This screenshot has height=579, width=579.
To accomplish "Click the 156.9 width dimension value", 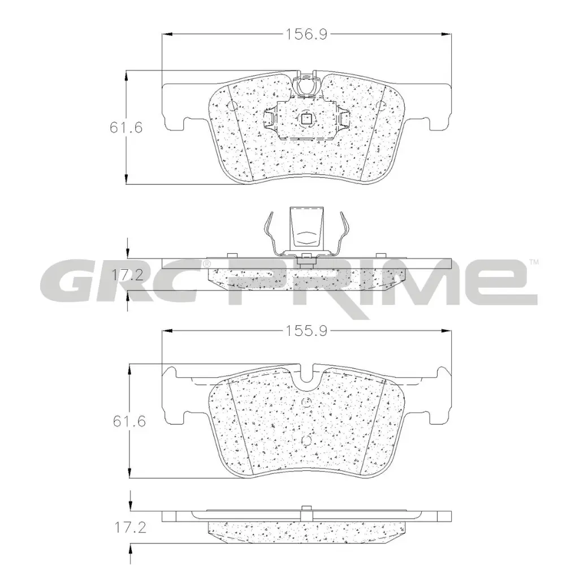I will coord(306,34).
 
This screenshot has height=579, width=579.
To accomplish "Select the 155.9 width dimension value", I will coord(306,331).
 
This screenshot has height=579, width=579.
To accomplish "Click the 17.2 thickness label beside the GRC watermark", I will coord(125,276).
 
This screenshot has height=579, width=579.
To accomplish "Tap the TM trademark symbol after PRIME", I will coord(534,262).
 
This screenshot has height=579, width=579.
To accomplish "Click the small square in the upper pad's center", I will coord(306,118).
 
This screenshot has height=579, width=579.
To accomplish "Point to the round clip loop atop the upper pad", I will coord(306,85).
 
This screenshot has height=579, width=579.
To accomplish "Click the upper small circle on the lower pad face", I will coord(306,402).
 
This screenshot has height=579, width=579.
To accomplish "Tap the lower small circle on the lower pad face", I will coord(306,440).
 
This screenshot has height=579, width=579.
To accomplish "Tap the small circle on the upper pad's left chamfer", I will coord(231,105).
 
